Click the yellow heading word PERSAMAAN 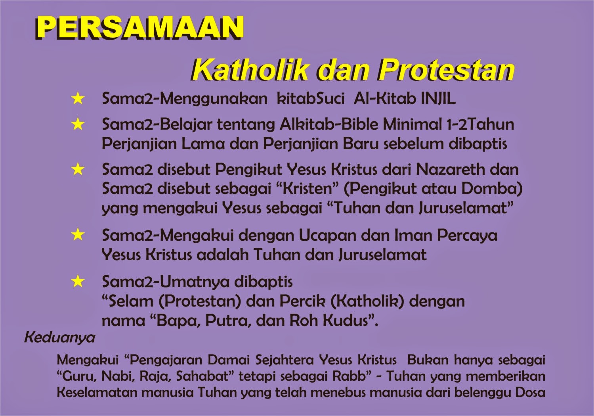pos(139,28)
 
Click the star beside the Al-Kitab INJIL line pos(78,99)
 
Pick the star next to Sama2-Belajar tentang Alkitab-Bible pos(78,125)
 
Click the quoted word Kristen pos(308,188)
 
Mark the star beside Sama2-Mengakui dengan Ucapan pos(78,235)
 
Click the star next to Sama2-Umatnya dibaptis pos(78,282)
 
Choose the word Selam pos(130,301)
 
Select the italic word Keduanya pos(60,337)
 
